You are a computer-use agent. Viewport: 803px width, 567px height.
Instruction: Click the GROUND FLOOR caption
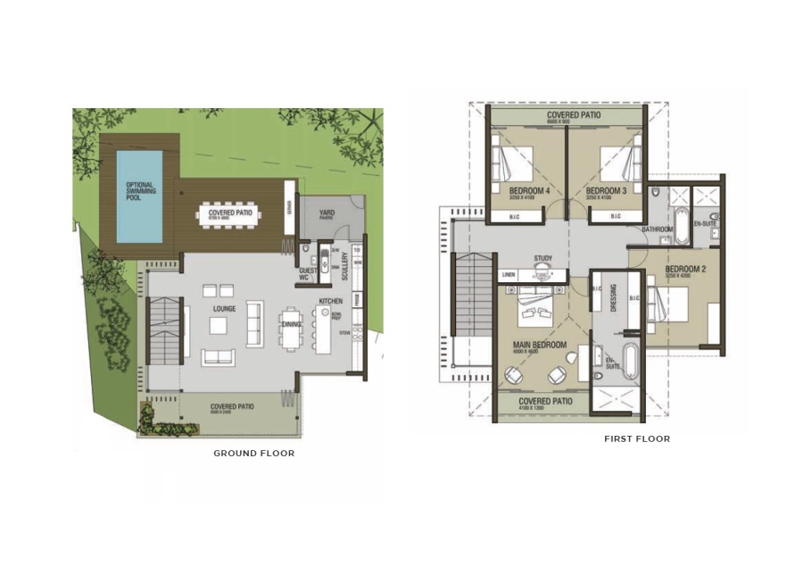[x=253, y=454]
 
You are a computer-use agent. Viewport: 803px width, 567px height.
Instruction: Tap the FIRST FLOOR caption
[x=636, y=439]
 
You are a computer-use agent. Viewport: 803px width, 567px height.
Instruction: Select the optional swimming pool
[x=140, y=196]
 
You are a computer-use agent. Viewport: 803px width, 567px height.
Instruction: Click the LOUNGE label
[x=223, y=309]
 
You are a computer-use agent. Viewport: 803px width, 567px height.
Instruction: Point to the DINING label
[x=291, y=324]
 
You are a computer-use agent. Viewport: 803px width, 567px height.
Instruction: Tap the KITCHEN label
[x=331, y=302]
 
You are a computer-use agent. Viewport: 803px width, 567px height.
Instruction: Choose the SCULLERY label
[x=345, y=266]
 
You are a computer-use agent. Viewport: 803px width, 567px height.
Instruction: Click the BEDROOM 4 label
[x=529, y=191]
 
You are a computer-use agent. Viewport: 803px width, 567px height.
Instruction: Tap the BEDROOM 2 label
[x=685, y=269]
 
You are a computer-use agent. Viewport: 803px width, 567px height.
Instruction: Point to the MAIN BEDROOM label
[x=539, y=345]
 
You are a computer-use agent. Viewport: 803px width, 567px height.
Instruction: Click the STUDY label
[x=543, y=259]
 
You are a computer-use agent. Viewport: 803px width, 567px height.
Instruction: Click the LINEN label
[x=509, y=274]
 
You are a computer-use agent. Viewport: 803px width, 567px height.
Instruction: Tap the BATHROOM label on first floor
[x=658, y=229]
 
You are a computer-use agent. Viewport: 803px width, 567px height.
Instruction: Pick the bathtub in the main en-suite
[x=631, y=361]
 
